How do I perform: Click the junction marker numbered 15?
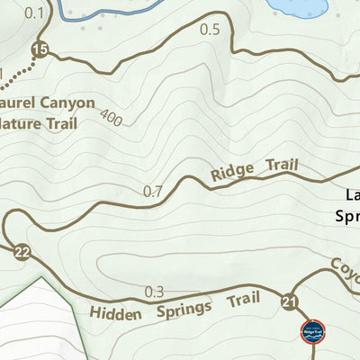coord(39,49)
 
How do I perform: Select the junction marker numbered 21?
coord(289,301)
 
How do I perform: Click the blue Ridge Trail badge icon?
coord(313,332)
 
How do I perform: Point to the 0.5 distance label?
coord(209,30)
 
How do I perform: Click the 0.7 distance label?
coord(154,191)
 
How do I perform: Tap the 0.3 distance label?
coord(155,292)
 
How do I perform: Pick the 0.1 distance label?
coord(34,12)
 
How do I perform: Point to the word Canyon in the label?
coord(65,103)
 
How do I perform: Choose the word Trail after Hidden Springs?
coord(243,299)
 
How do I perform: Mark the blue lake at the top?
coord(302,6)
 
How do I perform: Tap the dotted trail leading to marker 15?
coord(20,74)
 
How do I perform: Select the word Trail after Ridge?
coord(282,165)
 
